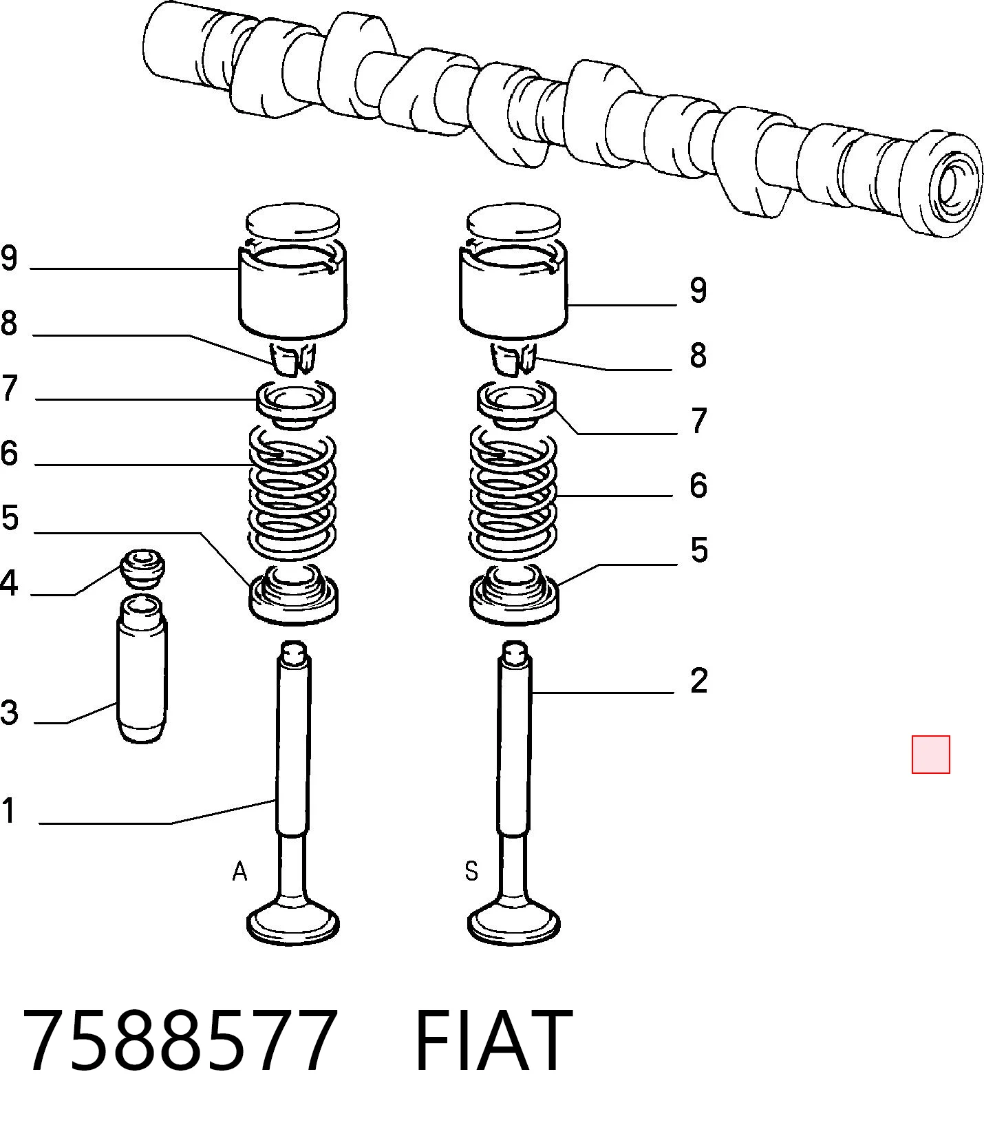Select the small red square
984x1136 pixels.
pyautogui.click(x=930, y=755)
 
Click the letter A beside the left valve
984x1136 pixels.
pyautogui.click(x=239, y=872)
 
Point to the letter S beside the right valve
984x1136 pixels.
pyautogui.click(x=471, y=872)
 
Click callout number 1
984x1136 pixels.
pyautogui.click(x=8, y=810)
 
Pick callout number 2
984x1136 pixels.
pyautogui.click(x=698, y=680)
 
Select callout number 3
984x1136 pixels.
pyautogui.click(x=9, y=712)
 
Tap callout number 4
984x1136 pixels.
pyautogui.click(x=8, y=583)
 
